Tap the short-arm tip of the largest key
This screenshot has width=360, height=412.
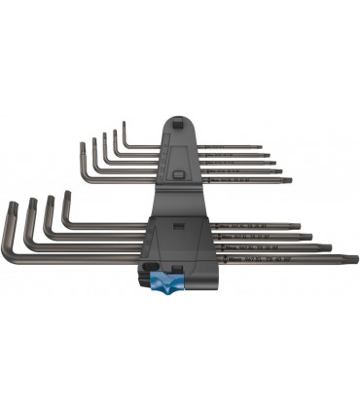click(14, 200)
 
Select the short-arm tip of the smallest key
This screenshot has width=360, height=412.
click(125, 122)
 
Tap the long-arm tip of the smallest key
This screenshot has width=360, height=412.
click(263, 148)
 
